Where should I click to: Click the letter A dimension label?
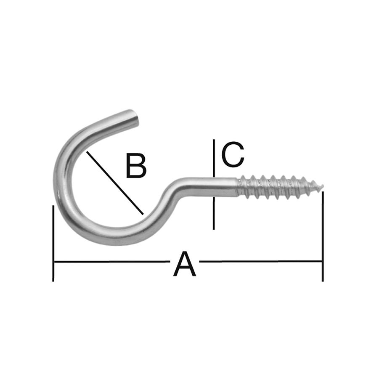(185, 264)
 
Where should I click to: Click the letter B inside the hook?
(136, 165)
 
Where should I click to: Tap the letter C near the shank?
(233, 154)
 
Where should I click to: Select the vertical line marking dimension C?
(214, 184)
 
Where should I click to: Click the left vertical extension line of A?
(53, 243)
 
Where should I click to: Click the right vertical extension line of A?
(323, 236)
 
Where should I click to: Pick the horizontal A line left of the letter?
(112, 262)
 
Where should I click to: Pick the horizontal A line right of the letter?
(260, 261)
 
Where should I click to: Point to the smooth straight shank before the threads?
(210, 187)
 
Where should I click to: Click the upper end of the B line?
(87, 151)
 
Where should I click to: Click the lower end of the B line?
(143, 214)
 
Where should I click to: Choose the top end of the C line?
(214, 140)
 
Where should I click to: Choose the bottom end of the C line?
(214, 229)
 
